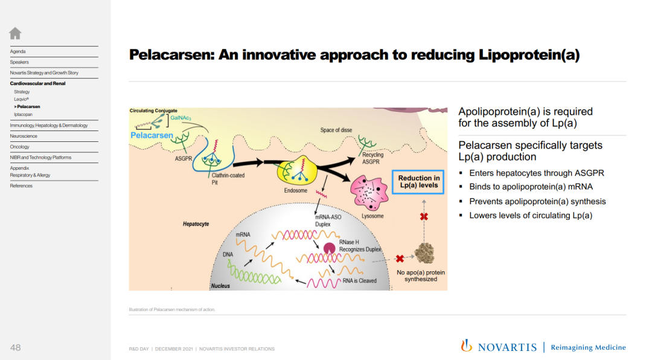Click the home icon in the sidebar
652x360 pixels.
coord(15,33)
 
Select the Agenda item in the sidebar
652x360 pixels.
coord(18,51)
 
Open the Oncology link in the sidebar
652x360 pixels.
coord(19,147)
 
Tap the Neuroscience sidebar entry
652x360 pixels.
coord(24,136)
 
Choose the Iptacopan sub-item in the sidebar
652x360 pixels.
coord(24,114)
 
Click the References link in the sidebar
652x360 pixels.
coord(21,186)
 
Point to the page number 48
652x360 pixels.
coord(15,347)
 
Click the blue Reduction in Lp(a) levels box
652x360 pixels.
coord(418,182)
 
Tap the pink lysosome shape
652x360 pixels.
coord(369,193)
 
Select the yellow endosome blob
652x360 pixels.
coord(296,170)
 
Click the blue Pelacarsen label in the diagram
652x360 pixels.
coord(152,135)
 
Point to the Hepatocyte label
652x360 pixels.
coord(196,224)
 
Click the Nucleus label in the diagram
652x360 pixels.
coord(220,286)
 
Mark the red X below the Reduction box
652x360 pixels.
coord(424,216)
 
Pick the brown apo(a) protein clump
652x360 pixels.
coord(424,253)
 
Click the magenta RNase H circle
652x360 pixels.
coord(330,248)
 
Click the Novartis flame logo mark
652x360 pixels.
coord(466,346)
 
